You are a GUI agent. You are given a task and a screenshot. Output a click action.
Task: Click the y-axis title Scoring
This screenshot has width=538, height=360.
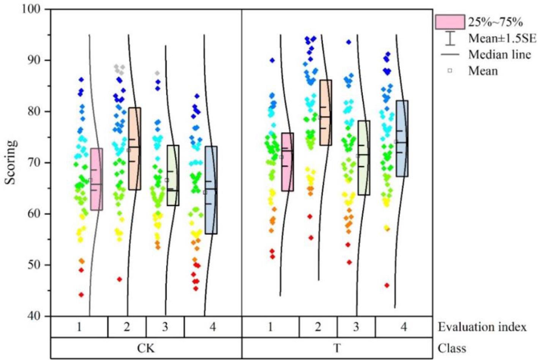tap(10, 162)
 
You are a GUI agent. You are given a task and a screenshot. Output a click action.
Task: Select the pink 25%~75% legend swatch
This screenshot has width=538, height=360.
tap(450, 22)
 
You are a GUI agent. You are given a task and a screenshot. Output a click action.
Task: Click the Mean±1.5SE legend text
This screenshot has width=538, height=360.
tap(502, 38)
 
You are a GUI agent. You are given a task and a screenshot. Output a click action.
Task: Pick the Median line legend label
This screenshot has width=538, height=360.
tap(500, 55)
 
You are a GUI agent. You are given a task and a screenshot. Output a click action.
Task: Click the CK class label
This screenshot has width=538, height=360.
tap(146, 348)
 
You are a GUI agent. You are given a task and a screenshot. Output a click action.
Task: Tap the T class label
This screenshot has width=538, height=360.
tap(336, 348)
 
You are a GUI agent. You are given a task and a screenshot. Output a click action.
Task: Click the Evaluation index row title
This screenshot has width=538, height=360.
tap(482, 327)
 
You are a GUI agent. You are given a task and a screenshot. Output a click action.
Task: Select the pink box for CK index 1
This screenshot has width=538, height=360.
tap(96, 179)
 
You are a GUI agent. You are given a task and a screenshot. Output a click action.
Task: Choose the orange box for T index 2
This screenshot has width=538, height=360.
tap(325, 113)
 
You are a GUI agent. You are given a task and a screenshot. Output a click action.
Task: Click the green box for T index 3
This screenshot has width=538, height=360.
tap(364, 158)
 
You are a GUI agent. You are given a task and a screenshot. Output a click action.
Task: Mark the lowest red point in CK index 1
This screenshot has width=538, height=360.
tap(81, 295)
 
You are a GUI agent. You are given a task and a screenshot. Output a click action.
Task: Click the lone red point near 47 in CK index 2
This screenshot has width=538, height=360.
tap(120, 279)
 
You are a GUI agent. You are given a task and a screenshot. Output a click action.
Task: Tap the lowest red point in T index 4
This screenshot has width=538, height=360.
tap(387, 285)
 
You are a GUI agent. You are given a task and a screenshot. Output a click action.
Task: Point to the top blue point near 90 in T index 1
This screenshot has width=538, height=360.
tap(272, 60)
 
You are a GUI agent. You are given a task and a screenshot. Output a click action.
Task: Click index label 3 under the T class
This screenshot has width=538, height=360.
tap(356, 327)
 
